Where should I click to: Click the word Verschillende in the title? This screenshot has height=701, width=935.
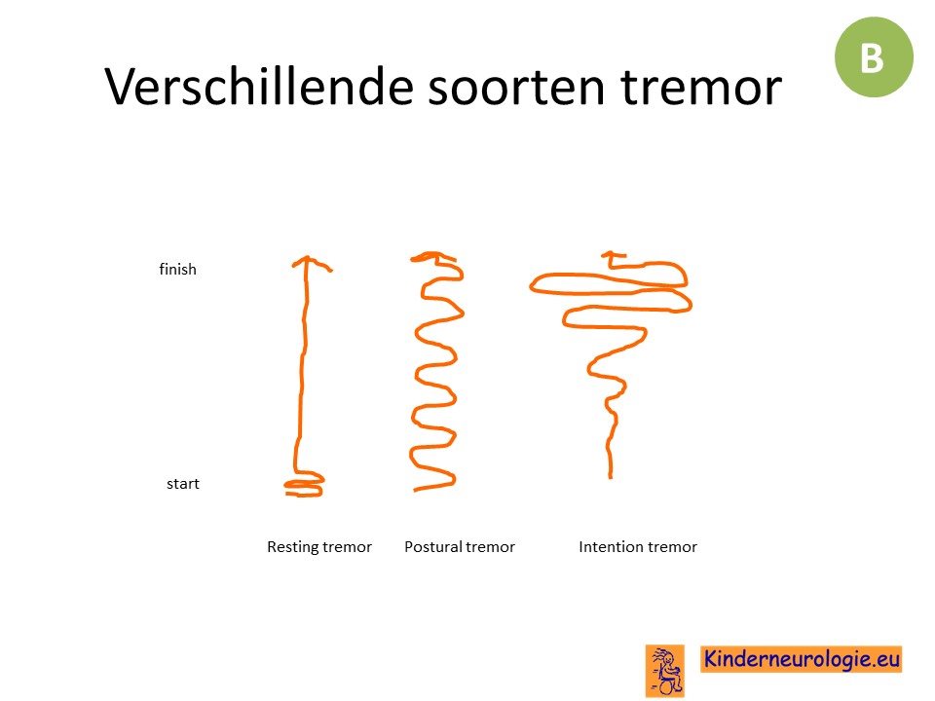tap(259, 87)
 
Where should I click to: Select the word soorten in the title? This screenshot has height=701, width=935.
tap(516, 88)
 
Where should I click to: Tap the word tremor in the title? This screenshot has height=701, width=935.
tap(700, 88)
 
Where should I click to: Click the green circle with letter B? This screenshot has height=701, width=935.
tap(874, 57)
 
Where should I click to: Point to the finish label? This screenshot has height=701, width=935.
tap(177, 269)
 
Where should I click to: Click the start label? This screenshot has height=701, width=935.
tap(182, 484)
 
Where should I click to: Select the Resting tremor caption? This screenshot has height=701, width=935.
tap(319, 546)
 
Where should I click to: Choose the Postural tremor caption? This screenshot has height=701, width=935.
tap(459, 546)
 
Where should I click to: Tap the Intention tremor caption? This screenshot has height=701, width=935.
tap(637, 546)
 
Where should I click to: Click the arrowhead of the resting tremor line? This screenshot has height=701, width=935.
tap(309, 262)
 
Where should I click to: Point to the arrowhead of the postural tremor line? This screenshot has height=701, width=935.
tap(432, 257)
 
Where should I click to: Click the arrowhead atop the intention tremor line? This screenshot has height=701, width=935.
tap(612, 256)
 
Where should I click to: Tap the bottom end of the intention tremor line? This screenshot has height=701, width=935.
tap(610, 477)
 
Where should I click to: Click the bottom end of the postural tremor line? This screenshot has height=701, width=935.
tap(416, 490)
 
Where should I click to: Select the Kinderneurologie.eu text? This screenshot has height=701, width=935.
tap(801, 659)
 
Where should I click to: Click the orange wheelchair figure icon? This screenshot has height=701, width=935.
tap(665, 671)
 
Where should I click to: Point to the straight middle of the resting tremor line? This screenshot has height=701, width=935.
tap(304, 357)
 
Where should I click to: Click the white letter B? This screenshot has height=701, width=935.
tap(872, 57)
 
